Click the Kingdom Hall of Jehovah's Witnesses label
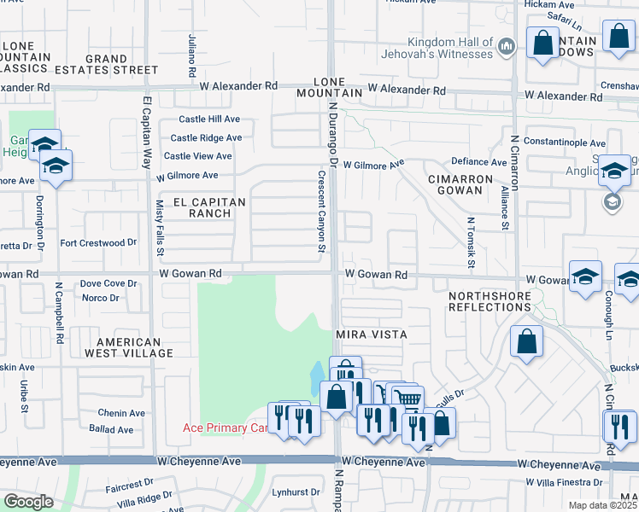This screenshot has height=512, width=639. tap(439, 48)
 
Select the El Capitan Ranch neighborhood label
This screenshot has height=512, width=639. tap(209, 207)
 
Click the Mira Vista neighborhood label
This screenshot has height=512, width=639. tap(371, 335)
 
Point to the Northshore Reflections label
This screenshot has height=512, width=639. tap(490, 300)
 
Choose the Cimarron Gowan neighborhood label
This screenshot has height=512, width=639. tap(460, 185)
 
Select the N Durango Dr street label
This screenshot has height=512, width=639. tap(333, 128)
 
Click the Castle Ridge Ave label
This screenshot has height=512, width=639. tap(206, 137)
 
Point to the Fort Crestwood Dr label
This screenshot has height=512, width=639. tap(98, 243)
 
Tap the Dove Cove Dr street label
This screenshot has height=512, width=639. tap(108, 283)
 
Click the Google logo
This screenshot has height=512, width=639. tap(28, 502)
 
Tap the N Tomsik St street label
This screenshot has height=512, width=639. tap(471, 235)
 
